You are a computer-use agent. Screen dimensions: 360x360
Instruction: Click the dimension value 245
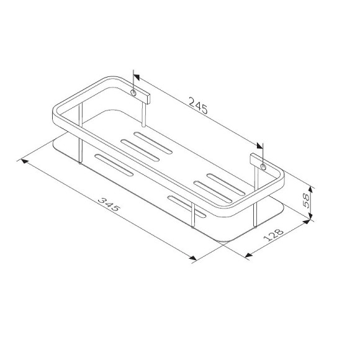[x=197, y=106]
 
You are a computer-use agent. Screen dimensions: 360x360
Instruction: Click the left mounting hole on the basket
[x=133, y=93]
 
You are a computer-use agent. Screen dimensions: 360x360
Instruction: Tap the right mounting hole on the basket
[x=263, y=168]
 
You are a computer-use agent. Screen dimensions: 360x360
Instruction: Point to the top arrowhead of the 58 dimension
[x=310, y=187]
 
